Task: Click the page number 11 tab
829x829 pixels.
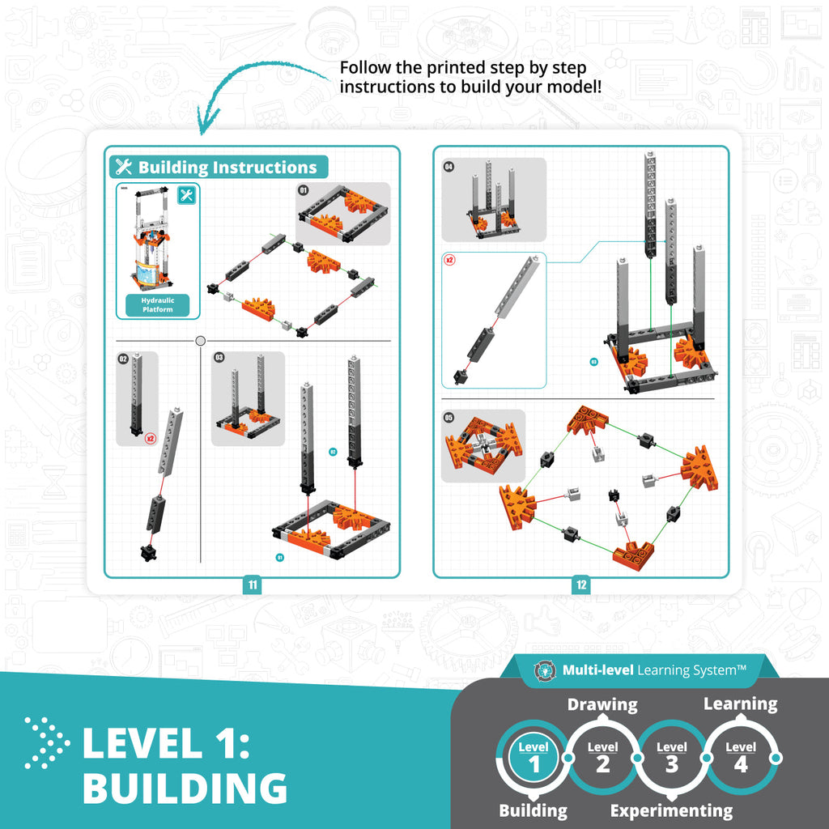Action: tap(253, 585)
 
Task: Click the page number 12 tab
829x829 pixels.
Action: tap(581, 585)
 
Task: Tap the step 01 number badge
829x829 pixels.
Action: tap(304, 190)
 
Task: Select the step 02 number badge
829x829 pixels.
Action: tap(124, 358)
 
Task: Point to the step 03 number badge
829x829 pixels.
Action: tap(219, 357)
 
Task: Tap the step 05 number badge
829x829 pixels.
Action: tap(449, 418)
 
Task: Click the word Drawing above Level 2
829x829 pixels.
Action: tap(602, 704)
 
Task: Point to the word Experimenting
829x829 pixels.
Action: tap(671, 810)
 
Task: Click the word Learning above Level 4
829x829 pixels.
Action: tap(740, 704)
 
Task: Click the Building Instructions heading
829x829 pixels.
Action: tap(219, 168)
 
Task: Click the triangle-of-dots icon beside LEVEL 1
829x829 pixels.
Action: tap(47, 742)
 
